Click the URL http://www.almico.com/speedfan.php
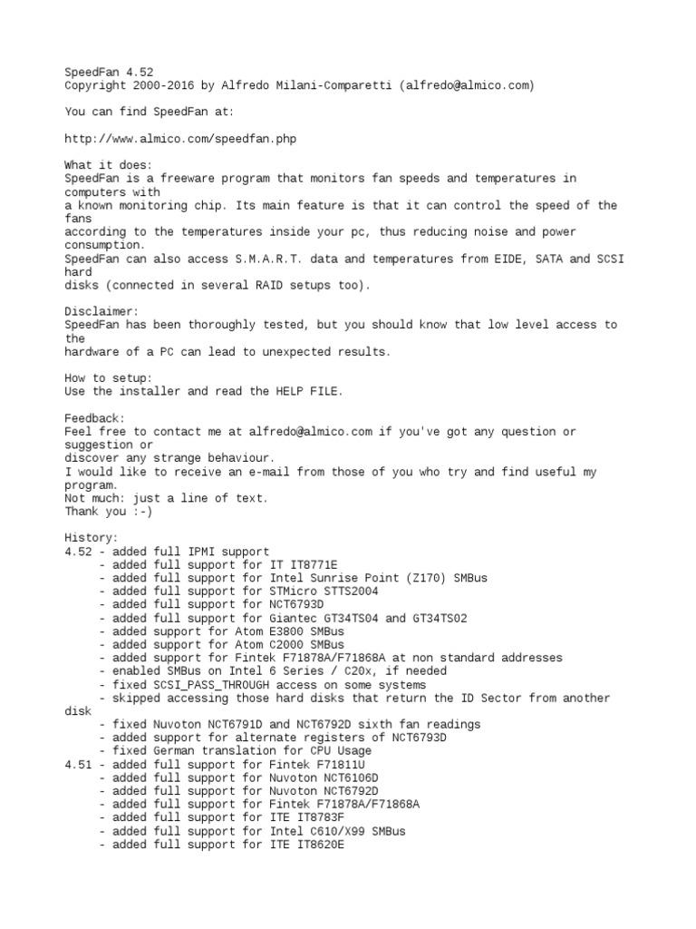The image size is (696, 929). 180,139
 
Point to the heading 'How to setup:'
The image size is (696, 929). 108,377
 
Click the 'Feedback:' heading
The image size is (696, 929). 94,417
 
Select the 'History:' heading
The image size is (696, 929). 92,537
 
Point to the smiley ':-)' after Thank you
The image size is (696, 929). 144,511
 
